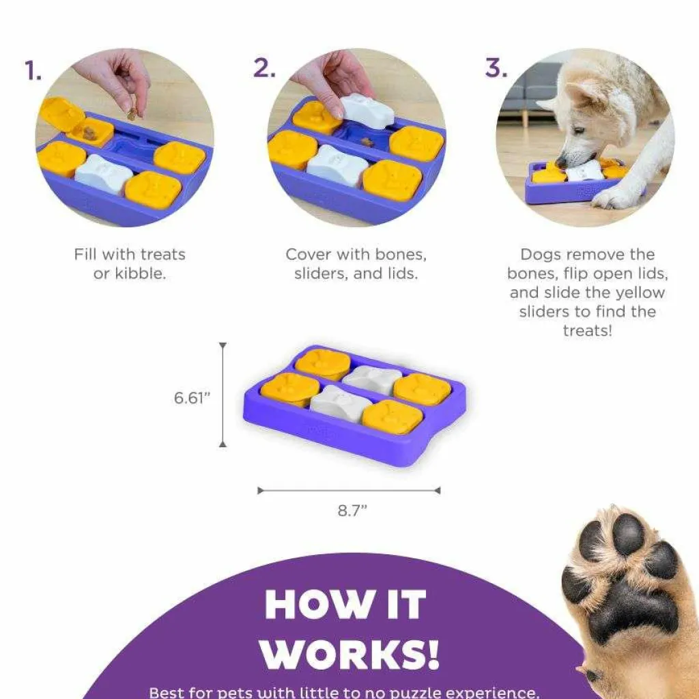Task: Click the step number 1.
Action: coord(33,71)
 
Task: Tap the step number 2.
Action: coord(264,68)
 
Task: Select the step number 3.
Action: coord(496,68)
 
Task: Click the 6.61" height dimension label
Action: coord(192,398)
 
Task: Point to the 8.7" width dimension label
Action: coord(352,510)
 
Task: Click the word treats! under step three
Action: coord(588,331)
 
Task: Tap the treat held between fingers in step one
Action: coord(132,114)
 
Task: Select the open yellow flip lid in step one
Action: coord(61,114)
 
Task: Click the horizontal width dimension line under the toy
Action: coord(349,491)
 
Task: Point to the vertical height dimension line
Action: coord(223,395)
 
